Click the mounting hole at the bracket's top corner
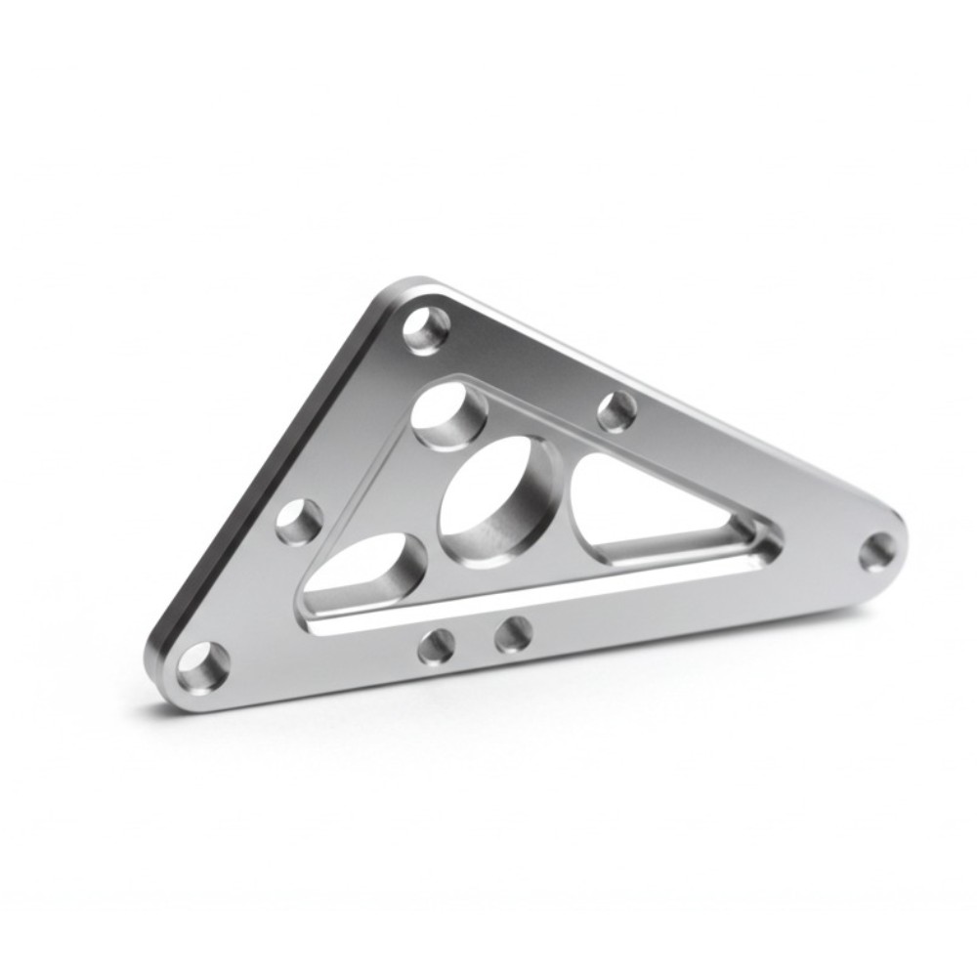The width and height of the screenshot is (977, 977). click(427, 329)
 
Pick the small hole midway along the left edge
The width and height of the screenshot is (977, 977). click(299, 521)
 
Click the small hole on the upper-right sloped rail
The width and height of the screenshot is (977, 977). click(616, 410)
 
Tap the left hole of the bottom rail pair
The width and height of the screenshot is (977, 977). click(436, 645)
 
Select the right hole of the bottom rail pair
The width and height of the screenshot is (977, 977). click(513, 634)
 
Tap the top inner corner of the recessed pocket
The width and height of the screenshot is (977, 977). click(459, 377)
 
